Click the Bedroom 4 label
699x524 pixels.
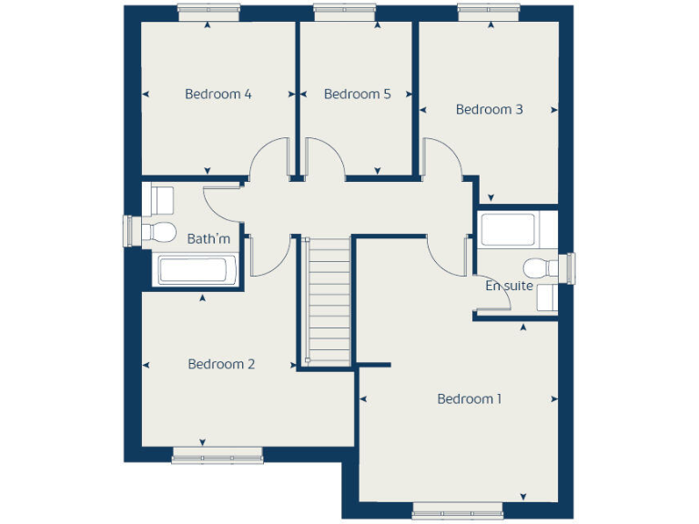(x=218, y=94)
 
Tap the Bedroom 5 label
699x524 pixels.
(x=357, y=94)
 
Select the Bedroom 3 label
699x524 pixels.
(x=489, y=109)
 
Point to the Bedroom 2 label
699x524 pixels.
(x=221, y=364)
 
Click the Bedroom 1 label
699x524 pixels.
(x=469, y=398)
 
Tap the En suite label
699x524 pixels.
(x=509, y=286)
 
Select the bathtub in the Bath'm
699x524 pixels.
(x=197, y=269)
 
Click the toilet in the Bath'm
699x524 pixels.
(x=161, y=229)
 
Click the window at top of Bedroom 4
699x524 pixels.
(x=208, y=13)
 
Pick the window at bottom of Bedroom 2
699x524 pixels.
(x=217, y=455)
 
